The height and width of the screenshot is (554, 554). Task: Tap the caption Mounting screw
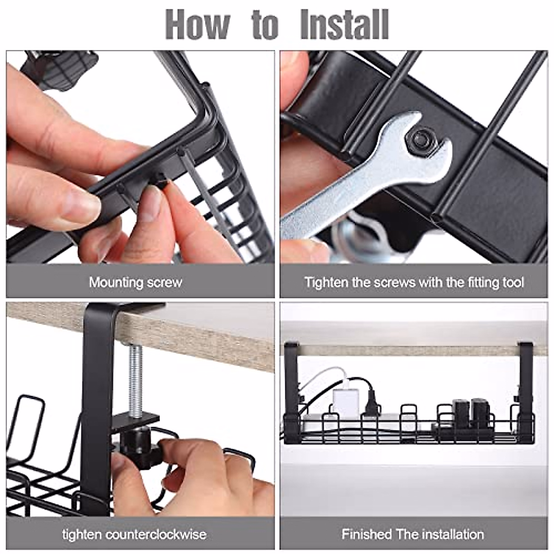(x=136, y=282)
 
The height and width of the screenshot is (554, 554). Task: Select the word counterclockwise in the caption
(x=156, y=535)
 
